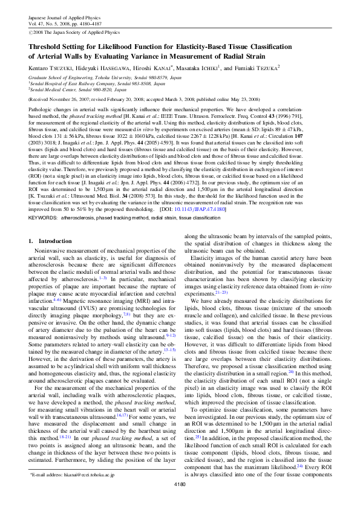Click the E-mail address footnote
[73, 493]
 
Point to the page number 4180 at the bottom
[180, 502]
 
